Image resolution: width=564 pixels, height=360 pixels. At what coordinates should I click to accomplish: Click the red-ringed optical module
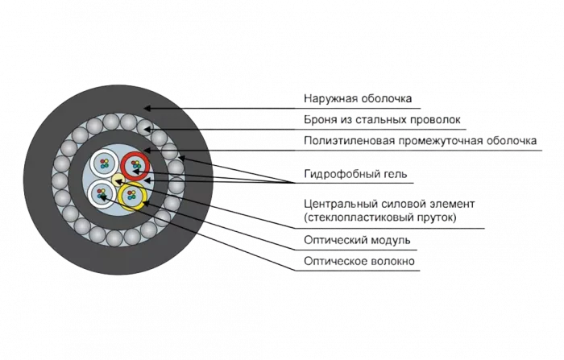[x=135, y=165]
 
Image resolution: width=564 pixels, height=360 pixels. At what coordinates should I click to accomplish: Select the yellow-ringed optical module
[x=132, y=194]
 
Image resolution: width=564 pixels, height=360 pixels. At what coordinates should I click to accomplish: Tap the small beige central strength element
[x=118, y=179]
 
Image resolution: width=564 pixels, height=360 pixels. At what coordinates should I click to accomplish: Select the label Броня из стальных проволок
[x=384, y=121]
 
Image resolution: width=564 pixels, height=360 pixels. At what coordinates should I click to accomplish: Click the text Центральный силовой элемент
[x=390, y=205]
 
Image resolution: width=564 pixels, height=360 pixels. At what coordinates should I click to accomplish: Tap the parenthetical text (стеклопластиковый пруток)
[x=379, y=217]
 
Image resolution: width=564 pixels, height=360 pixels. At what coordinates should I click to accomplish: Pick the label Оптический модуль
[x=358, y=240]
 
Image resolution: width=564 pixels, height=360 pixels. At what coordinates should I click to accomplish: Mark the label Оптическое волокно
[x=360, y=262]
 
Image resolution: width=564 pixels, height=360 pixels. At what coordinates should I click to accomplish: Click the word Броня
[x=321, y=121]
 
